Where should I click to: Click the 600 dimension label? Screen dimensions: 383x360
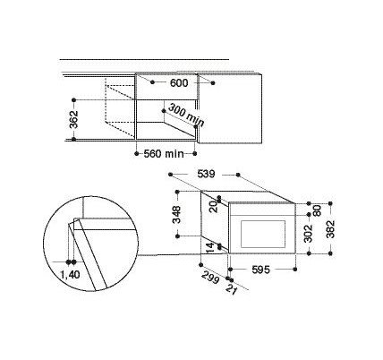click(179, 83)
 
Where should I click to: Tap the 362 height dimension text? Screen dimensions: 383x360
click(73, 119)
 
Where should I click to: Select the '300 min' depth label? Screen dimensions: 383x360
click(186, 116)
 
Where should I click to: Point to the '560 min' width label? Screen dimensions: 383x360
click(164, 154)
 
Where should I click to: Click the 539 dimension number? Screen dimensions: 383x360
click(206, 174)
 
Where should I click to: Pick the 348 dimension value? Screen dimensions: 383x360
click(177, 215)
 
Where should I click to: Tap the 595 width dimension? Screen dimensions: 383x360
click(260, 270)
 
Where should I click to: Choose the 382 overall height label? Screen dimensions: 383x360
click(330, 229)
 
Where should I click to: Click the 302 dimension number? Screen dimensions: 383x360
click(310, 234)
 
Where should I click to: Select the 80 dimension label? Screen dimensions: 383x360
click(318, 210)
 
